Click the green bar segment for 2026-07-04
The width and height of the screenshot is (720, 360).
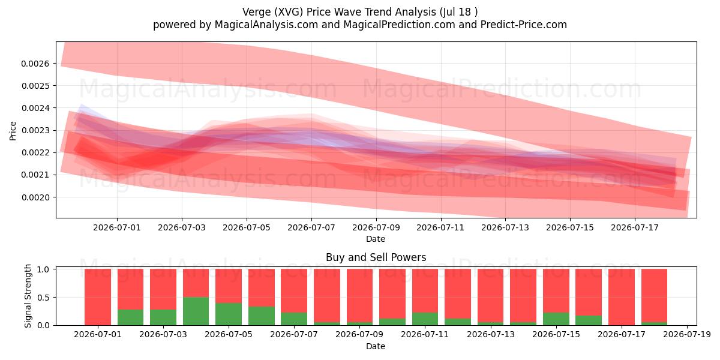pyautogui.click(x=196, y=311)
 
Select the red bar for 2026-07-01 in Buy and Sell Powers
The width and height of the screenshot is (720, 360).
pyautogui.click(x=98, y=297)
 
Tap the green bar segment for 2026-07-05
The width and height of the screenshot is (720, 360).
pyautogui.click(x=229, y=314)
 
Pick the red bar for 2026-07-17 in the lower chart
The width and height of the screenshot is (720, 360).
pyautogui.click(x=622, y=297)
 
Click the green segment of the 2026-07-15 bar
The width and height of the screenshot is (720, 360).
pyautogui.click(x=556, y=319)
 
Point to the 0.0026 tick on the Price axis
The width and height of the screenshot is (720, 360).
pyautogui.click(x=35, y=64)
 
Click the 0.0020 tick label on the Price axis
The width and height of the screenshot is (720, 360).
pyautogui.click(x=35, y=197)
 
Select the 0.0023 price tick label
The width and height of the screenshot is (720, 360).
pyautogui.click(x=35, y=131)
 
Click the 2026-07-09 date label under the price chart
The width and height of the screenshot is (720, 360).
pyautogui.click(x=376, y=227)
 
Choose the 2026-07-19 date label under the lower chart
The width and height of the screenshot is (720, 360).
pyautogui.click(x=687, y=335)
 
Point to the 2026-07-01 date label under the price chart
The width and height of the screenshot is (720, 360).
pyautogui.click(x=117, y=227)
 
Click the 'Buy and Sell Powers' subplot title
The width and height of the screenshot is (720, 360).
pyautogui.click(x=376, y=257)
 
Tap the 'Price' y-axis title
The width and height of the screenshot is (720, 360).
pyautogui.click(x=13, y=131)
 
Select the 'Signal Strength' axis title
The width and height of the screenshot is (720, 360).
pyautogui.click(x=28, y=296)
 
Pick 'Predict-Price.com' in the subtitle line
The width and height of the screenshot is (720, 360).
pyautogui.click(x=524, y=25)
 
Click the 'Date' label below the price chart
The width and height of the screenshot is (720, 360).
pyautogui.click(x=376, y=239)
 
